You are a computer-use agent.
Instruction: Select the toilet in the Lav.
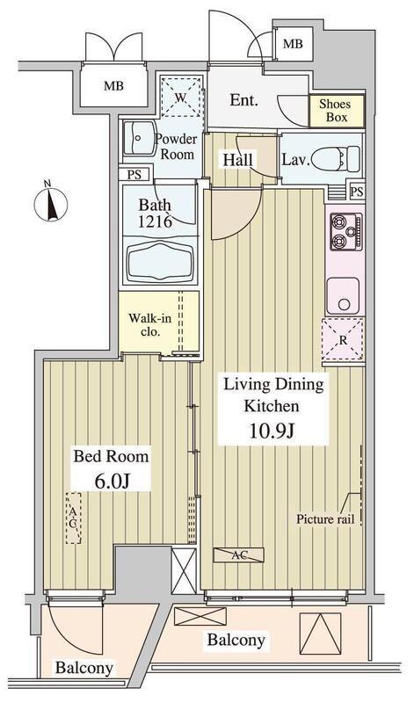tap(336, 158)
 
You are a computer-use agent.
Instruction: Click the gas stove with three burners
tap(346, 231)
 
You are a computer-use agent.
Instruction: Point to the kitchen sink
tap(343, 295)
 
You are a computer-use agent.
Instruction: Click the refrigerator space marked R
tap(343, 339)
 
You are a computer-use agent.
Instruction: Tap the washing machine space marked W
tap(180, 98)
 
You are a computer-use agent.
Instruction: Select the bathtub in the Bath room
tap(161, 261)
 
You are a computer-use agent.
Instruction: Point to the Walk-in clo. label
tap(149, 325)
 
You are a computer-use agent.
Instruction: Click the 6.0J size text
tap(112, 482)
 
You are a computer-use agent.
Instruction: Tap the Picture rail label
tap(325, 519)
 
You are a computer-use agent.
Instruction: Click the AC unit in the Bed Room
tap(74, 518)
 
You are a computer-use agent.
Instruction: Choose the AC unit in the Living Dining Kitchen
tap(238, 555)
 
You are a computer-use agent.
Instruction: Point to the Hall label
tap(237, 161)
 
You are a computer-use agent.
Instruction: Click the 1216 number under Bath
tap(156, 221)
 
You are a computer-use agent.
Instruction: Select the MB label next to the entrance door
tap(294, 44)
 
